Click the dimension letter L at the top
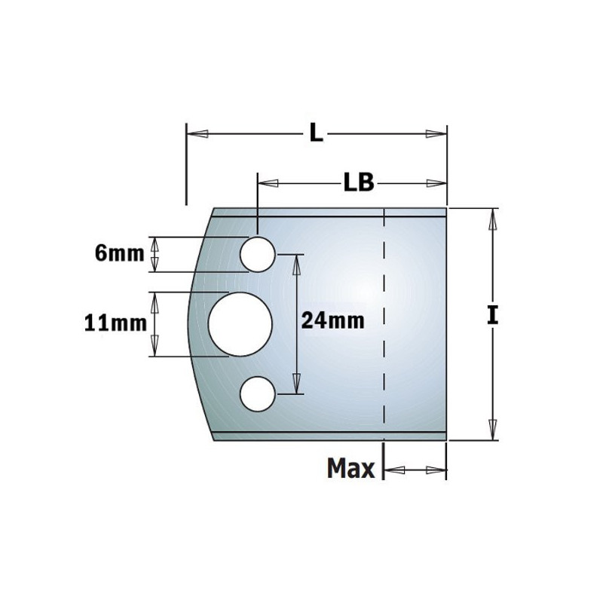point(316,135)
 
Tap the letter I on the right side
point(492,316)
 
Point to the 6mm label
point(120,254)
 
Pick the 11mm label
point(115,323)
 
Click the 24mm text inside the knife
point(332,321)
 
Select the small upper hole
point(257,254)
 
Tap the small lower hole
point(257,393)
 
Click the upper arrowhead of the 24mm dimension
point(297,263)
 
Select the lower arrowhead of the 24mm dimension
point(297,384)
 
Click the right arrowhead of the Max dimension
point(438,470)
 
